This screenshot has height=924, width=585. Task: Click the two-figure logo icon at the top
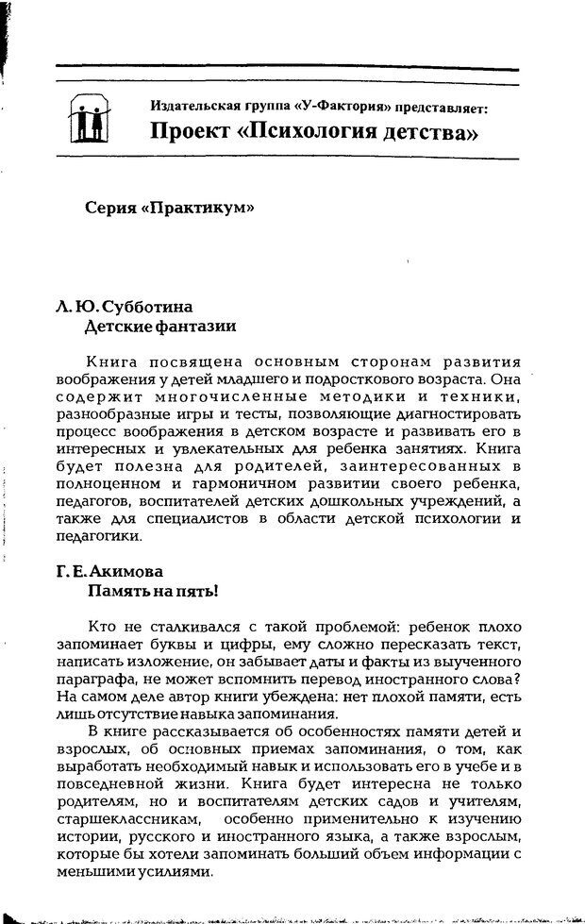click(x=91, y=118)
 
